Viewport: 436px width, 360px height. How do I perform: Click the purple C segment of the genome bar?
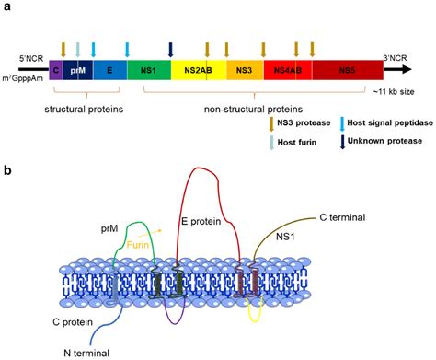[x=56, y=69]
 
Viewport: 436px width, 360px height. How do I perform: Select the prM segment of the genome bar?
[x=76, y=69]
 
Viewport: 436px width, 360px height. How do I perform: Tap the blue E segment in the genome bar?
[x=109, y=69]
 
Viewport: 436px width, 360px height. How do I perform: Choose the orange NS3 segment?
[x=244, y=69]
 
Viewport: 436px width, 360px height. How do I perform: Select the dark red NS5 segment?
[x=345, y=69]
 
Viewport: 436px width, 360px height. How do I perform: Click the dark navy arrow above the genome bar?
[x=171, y=49]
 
